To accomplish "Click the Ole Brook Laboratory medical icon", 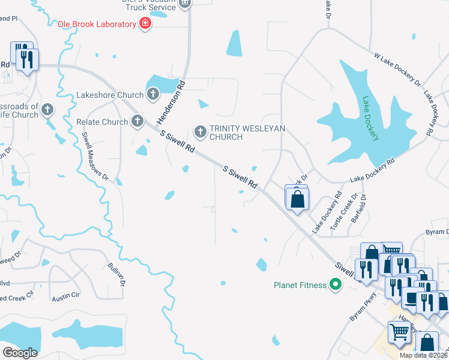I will coord(145,24).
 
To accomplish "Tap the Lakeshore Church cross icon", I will coord(153,94).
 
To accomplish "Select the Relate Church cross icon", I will coord(137,122).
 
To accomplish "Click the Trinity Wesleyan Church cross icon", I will coord(200,130).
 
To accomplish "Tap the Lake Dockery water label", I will coord(370,119).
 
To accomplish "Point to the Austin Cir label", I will coord(65,298).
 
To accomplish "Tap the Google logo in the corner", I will coord(20,353).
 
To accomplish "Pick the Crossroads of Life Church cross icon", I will coord(47,110).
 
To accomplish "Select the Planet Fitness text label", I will coord(300,285).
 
